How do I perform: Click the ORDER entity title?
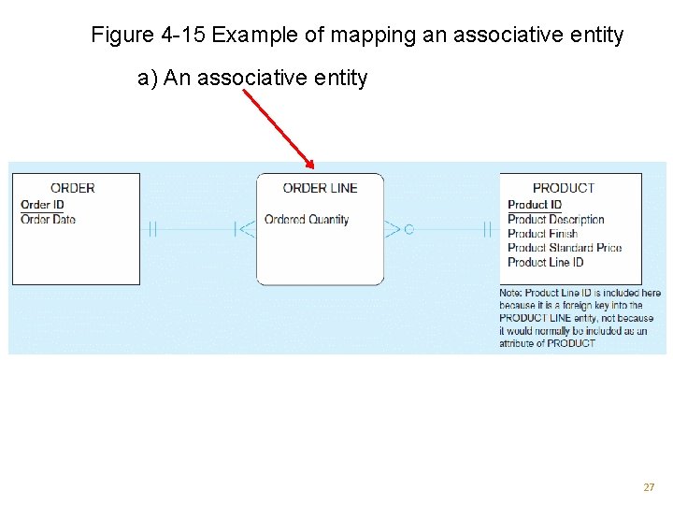[x=72, y=188]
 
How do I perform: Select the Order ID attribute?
[x=42, y=205]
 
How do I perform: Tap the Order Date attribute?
[x=48, y=220]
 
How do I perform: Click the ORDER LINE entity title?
[x=320, y=188]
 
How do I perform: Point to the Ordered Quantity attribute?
[x=307, y=220]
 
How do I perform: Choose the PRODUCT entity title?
[x=563, y=188]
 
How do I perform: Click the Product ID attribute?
[x=535, y=205]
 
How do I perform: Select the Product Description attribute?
[x=556, y=220]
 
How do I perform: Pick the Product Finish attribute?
[x=542, y=234]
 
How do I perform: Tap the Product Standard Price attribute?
[x=565, y=248]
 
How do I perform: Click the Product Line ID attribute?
[x=545, y=262]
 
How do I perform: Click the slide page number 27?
[x=649, y=487]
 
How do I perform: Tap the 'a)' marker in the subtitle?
[x=148, y=78]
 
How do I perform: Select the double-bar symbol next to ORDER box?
[x=150, y=228]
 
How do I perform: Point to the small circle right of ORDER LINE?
[x=408, y=228]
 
